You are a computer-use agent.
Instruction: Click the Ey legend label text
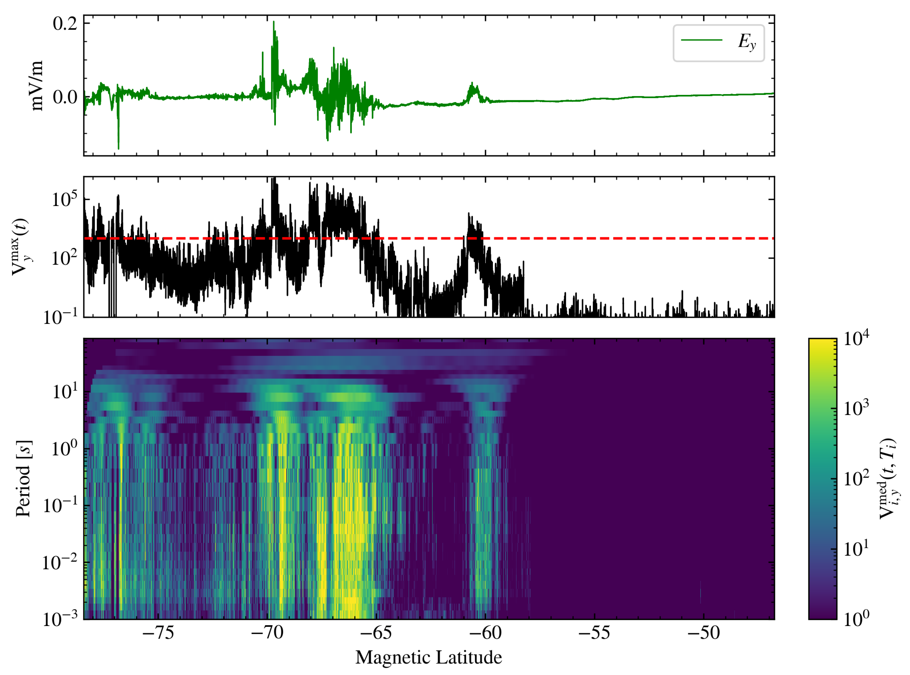coord(747,42)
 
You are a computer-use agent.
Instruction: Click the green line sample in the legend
coord(701,40)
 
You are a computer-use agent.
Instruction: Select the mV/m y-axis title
coord(37,86)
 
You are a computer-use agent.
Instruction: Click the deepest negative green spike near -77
coord(119,148)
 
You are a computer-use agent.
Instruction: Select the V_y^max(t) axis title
coord(21,247)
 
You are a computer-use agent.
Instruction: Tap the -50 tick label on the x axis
coord(703,633)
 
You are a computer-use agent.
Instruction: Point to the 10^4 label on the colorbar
coord(856,339)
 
